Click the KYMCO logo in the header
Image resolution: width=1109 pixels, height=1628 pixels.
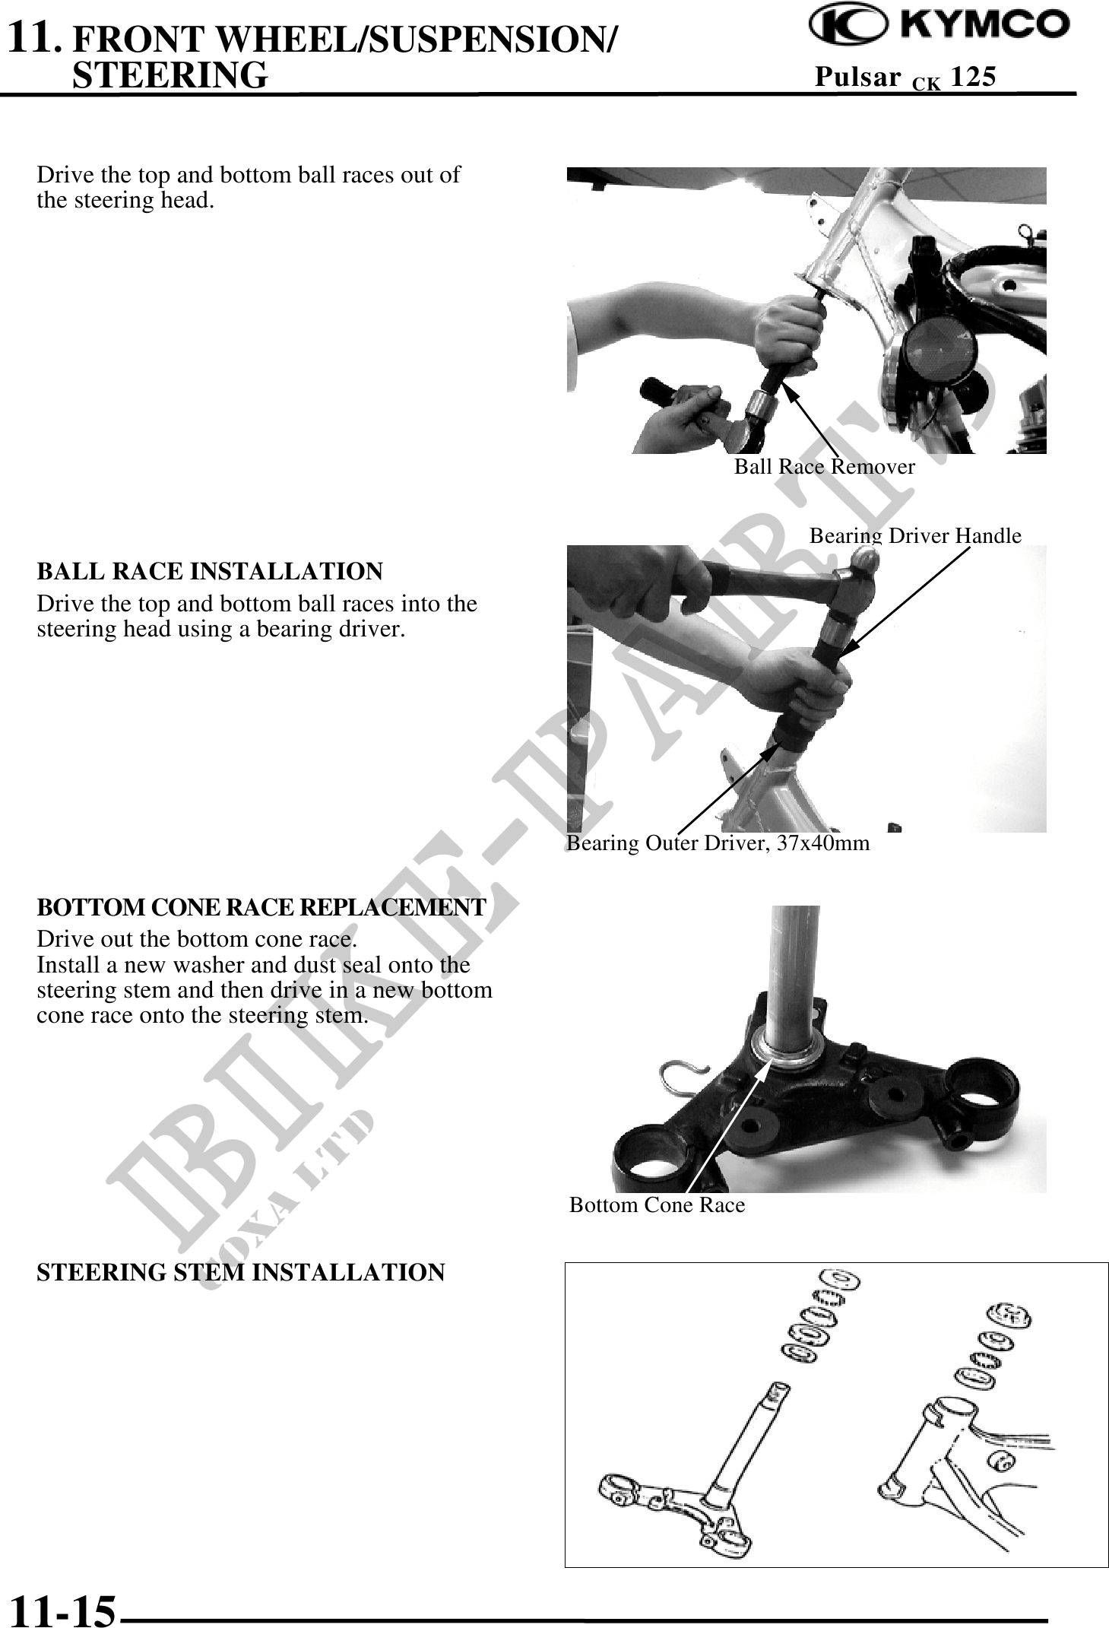(x=939, y=27)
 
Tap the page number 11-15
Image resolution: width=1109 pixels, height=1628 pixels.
(x=62, y=1608)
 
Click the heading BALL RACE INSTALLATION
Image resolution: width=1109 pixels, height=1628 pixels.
(x=210, y=571)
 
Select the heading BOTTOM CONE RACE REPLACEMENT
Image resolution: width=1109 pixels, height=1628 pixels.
(x=261, y=908)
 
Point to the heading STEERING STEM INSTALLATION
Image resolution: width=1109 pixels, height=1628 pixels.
(x=241, y=1272)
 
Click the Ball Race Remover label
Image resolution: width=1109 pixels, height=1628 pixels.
(x=824, y=466)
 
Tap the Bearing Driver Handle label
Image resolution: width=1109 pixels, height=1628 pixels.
(x=915, y=535)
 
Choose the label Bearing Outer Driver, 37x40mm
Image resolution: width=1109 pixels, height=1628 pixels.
(x=718, y=843)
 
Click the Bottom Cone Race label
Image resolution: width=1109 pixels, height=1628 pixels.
(x=657, y=1204)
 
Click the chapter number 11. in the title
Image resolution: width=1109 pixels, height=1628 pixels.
(x=34, y=38)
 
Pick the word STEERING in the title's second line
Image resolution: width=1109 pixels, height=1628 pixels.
(x=170, y=75)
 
